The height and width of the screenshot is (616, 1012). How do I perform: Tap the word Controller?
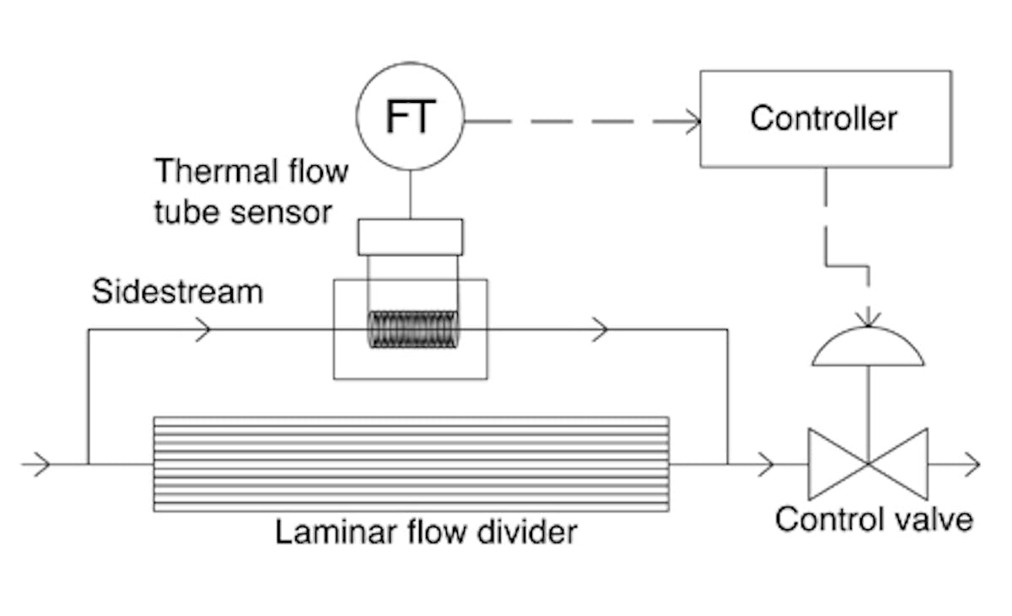click(x=823, y=118)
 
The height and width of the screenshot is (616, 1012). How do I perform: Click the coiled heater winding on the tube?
click(x=413, y=329)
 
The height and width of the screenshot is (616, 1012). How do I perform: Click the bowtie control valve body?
click(x=868, y=463)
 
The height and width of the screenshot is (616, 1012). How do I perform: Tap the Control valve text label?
click(x=874, y=518)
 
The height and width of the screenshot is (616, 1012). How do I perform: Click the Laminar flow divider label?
click(x=426, y=533)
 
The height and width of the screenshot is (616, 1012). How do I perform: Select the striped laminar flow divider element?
click(x=411, y=463)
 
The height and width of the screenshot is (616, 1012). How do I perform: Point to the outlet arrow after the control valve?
click(x=970, y=463)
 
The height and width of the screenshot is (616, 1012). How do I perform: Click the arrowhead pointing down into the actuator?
click(x=868, y=319)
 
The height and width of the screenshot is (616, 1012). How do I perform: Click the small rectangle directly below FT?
click(x=410, y=237)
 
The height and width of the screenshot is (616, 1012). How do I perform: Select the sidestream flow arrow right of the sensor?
click(x=600, y=329)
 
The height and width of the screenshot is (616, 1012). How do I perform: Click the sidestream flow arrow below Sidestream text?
click(x=202, y=329)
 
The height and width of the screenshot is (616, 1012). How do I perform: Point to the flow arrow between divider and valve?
click(x=765, y=463)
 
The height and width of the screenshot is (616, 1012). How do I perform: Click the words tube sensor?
click(x=243, y=212)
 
